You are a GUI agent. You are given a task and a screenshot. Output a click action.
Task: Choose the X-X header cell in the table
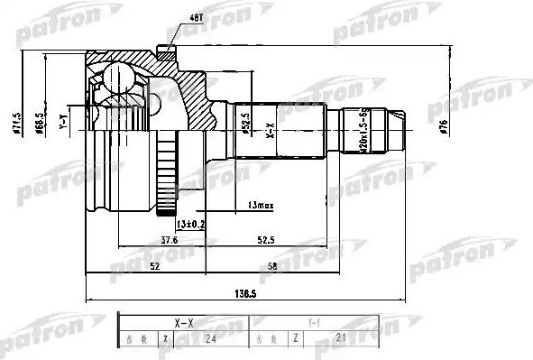[182, 320]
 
